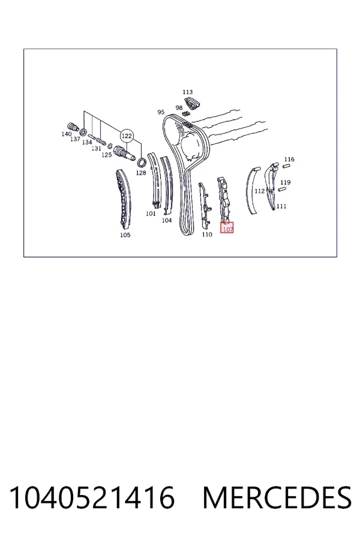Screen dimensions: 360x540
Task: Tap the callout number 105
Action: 125,235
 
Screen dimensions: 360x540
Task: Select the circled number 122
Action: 127,136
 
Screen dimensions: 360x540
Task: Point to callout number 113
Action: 187,92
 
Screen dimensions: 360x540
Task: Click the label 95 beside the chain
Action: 161,112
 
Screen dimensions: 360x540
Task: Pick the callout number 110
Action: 206,235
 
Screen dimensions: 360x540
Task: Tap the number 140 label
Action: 67,134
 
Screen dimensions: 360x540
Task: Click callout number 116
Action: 289,159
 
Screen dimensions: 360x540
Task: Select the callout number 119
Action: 285,182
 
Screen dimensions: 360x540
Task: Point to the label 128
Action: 141,173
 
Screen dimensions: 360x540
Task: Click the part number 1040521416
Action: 92,497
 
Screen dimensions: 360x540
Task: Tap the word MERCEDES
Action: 277,497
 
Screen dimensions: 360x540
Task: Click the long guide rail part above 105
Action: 123,199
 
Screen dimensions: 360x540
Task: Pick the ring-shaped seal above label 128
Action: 141,161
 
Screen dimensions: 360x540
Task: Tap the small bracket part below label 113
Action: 192,104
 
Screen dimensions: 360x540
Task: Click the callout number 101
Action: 151,214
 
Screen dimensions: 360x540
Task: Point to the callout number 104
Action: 167,220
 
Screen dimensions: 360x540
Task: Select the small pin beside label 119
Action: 281,189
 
